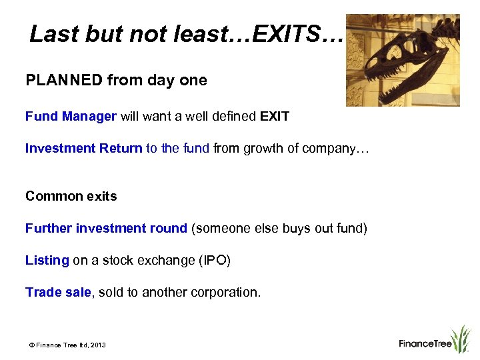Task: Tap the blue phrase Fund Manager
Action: tap(71, 117)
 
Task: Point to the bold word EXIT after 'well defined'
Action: tap(275, 117)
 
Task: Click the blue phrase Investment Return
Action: tap(83, 149)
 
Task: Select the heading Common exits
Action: tap(71, 196)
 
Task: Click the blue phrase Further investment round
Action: tap(106, 229)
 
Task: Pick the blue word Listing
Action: tap(47, 261)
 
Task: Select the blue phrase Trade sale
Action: tap(57, 293)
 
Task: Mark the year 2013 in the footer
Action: tap(97, 345)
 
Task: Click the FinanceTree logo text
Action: tap(425, 344)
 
